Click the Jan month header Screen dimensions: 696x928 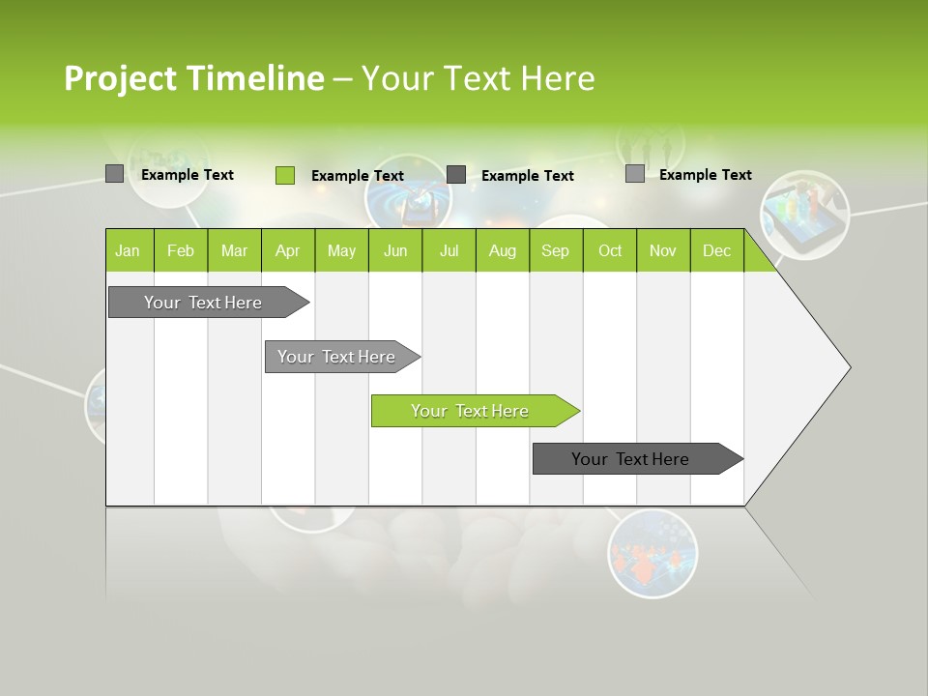[129, 250]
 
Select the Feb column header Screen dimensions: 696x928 [181, 250]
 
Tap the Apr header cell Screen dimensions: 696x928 [287, 250]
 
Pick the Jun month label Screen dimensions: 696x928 [395, 250]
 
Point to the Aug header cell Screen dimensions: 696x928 [502, 250]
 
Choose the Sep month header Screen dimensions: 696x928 [555, 250]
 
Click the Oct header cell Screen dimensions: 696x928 [610, 250]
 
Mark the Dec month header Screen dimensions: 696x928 [716, 250]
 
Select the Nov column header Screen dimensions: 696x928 [663, 250]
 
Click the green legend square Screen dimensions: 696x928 [285, 175]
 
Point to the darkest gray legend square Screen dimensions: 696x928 [456, 175]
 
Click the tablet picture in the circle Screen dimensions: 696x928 [804, 215]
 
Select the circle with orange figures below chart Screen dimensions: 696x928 [652, 554]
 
